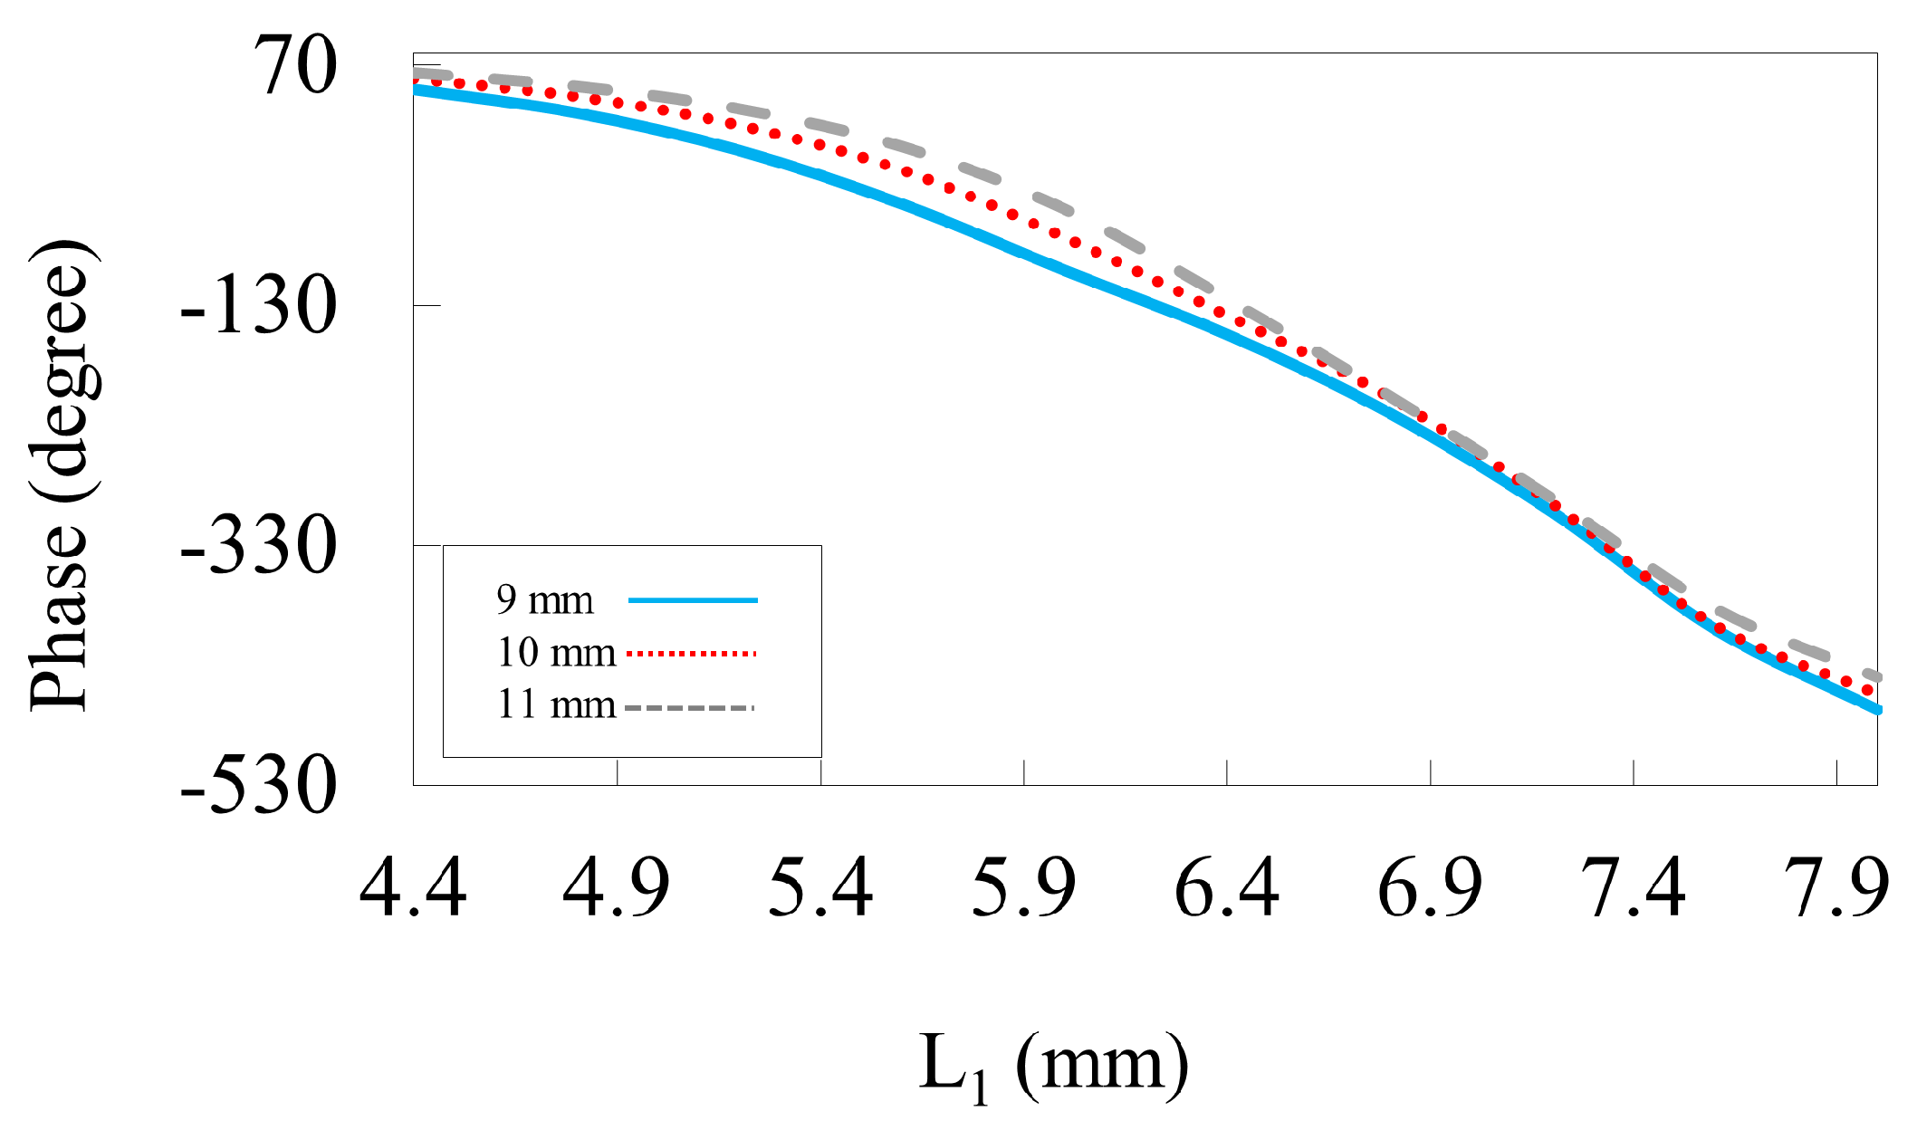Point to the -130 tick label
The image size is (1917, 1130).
pos(259,306)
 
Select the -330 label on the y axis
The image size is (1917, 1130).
pos(259,547)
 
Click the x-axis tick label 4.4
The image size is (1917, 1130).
pos(413,888)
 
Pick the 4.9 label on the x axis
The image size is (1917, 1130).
pos(616,888)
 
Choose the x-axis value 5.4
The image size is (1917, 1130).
pos(820,888)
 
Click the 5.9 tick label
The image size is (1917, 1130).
pos(1023,888)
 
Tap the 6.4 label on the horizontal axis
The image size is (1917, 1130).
pos(1226,888)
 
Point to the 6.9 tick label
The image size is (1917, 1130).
pos(1430,888)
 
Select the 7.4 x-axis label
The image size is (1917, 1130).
pos(1633,888)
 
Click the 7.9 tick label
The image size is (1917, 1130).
pos(1836,888)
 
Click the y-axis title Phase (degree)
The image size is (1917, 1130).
pos(62,475)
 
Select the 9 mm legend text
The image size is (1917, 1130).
pos(544,600)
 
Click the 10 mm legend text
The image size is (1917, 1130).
pos(555,653)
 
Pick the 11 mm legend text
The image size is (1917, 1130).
pos(555,705)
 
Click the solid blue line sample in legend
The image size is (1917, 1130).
pos(693,600)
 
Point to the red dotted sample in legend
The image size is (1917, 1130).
pos(691,653)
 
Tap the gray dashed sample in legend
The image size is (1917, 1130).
pos(689,707)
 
